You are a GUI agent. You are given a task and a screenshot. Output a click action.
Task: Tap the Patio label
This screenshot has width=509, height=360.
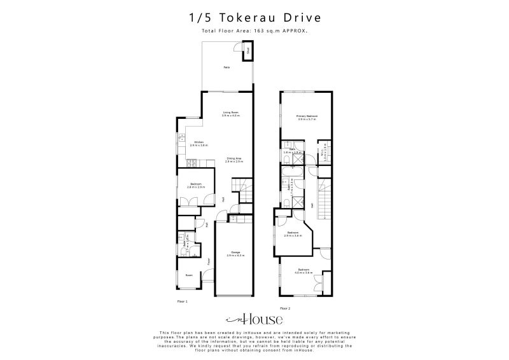(226, 67)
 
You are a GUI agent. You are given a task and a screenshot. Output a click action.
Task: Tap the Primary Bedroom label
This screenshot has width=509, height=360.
(307, 116)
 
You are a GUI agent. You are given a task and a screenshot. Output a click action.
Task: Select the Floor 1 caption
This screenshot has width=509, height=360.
(183, 300)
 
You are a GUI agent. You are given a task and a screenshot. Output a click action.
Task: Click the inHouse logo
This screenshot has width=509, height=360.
(254, 320)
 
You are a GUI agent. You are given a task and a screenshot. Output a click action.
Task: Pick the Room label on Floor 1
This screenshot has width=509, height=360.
(189, 275)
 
